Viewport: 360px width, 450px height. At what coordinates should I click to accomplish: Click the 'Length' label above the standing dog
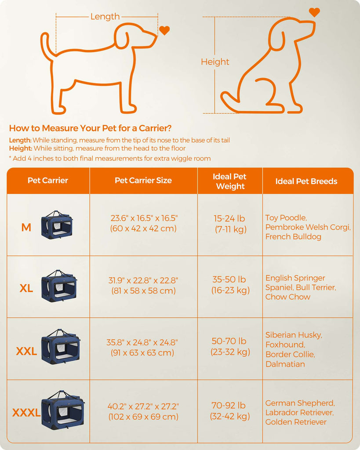pos(105,17)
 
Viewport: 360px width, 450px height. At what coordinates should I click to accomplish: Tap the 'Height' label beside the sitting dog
pos(215,62)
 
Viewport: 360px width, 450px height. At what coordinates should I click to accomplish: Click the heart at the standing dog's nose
pos(164,30)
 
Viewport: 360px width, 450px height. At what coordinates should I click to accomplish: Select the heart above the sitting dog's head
pos(314,12)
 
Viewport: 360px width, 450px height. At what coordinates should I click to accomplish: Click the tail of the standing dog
pos(46,46)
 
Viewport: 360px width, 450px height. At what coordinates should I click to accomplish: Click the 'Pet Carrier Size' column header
pos(143,180)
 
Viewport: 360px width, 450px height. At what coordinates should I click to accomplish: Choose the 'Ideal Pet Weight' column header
pos(229,181)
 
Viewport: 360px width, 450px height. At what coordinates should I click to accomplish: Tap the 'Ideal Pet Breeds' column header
pos(306,181)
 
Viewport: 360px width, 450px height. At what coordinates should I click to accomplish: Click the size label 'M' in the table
pos(26,228)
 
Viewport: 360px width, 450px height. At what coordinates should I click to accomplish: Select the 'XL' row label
pos(26,288)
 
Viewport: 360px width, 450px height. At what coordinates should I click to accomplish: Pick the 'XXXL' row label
pos(26,413)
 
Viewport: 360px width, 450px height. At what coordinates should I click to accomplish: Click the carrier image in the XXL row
pos(61,346)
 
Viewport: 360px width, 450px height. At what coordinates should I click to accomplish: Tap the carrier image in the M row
pos(57,225)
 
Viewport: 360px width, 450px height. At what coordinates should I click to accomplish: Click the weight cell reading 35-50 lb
pos(230,285)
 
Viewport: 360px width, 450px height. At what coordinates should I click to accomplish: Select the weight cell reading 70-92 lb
pos(229,411)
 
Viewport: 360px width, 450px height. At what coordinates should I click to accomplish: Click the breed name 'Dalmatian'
pos(285,364)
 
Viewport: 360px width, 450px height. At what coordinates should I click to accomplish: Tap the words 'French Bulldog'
pos(293,237)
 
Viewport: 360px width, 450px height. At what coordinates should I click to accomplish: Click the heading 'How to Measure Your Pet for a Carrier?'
pos(90,128)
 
